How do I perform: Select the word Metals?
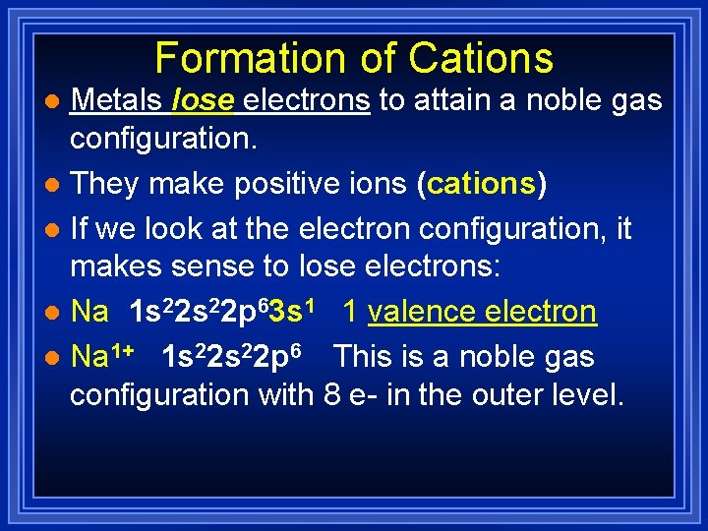(x=118, y=99)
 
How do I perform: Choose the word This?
(x=366, y=355)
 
